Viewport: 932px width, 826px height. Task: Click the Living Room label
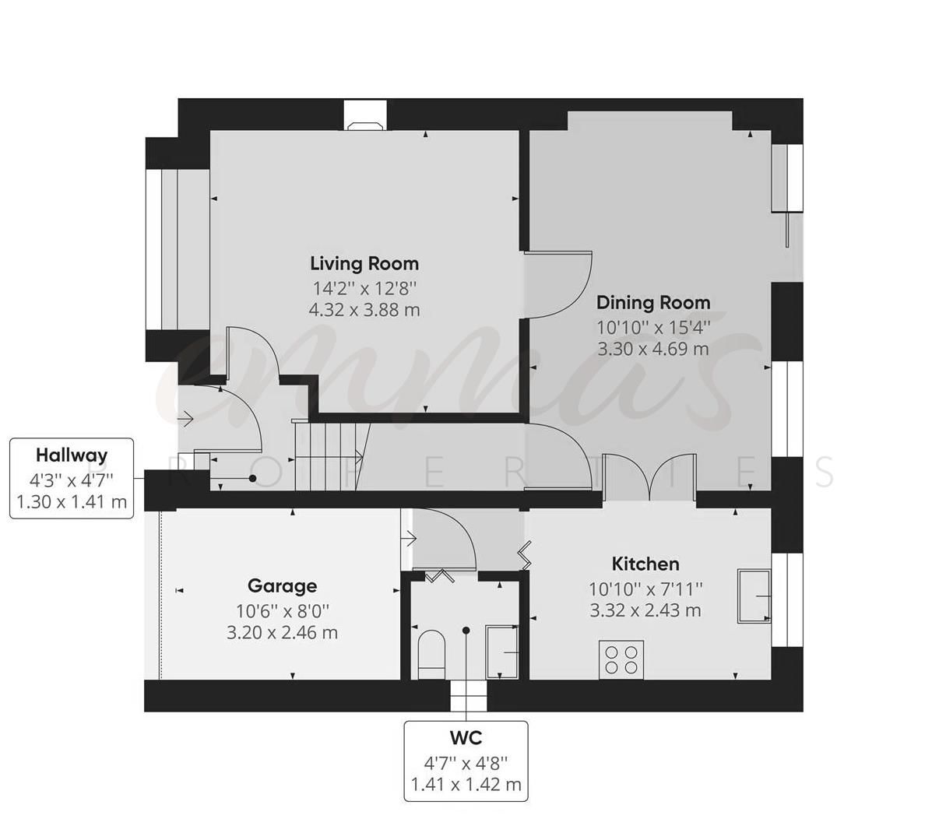coord(364,263)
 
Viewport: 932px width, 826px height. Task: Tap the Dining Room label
coord(653,302)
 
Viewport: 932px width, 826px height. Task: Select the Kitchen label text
coord(645,564)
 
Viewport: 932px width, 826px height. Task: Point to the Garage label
coord(282,585)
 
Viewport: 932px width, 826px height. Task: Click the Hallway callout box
coord(72,478)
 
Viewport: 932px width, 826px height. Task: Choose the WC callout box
coord(466,761)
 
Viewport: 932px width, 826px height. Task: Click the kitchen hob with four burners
coord(621,658)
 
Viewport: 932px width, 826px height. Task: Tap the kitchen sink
coord(754,596)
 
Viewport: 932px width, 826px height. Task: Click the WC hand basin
coord(502,651)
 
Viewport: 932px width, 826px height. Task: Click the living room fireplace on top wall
coord(364,121)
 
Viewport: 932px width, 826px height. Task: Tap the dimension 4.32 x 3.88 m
coord(364,310)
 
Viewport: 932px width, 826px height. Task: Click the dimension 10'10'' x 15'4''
coord(653,327)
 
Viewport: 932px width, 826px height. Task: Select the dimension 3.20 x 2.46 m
coord(282,632)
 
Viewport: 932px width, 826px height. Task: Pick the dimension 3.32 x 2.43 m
coord(645,610)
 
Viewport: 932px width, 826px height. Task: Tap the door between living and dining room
coord(559,284)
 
